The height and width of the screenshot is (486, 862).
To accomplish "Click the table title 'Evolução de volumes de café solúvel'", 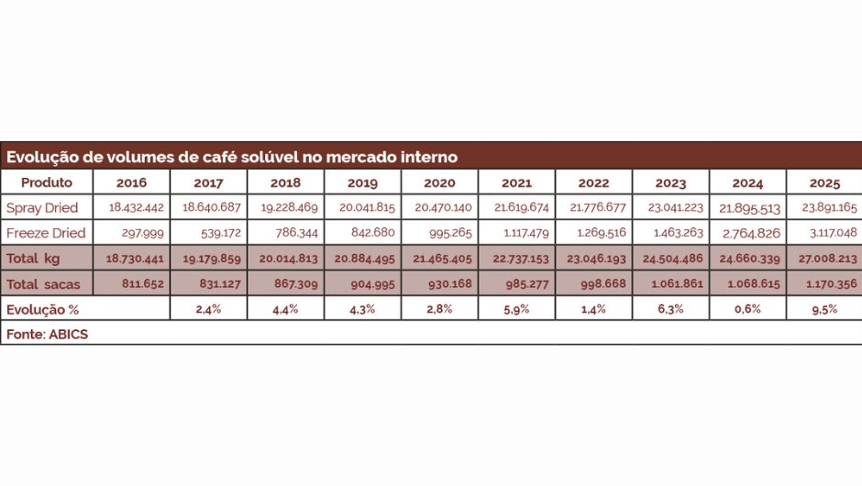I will (231, 157).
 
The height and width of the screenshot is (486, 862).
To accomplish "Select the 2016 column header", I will (131, 182).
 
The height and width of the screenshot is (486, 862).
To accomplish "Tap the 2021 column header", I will (516, 182).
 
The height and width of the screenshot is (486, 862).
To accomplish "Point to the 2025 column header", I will (824, 182).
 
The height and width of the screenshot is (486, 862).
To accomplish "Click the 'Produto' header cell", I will (46, 182).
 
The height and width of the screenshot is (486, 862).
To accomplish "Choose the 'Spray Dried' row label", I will (42, 207).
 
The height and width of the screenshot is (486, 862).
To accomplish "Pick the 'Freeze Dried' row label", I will (46, 233).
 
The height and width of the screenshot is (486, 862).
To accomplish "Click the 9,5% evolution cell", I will (824, 309).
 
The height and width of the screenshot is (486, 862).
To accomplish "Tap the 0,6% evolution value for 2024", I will (747, 309).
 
